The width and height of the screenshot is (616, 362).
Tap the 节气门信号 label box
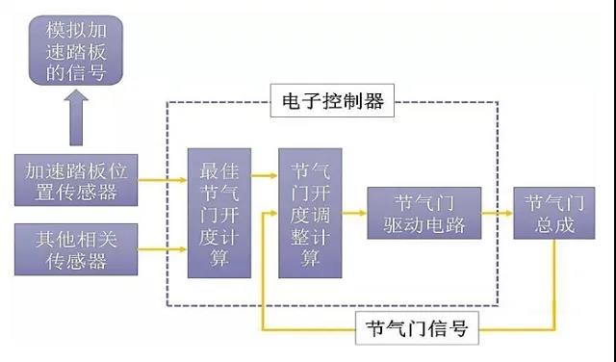tap(417, 328)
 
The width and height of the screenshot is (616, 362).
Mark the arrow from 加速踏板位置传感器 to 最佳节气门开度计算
tap(163, 179)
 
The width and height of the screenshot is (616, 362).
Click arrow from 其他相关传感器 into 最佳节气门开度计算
tap(163, 249)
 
